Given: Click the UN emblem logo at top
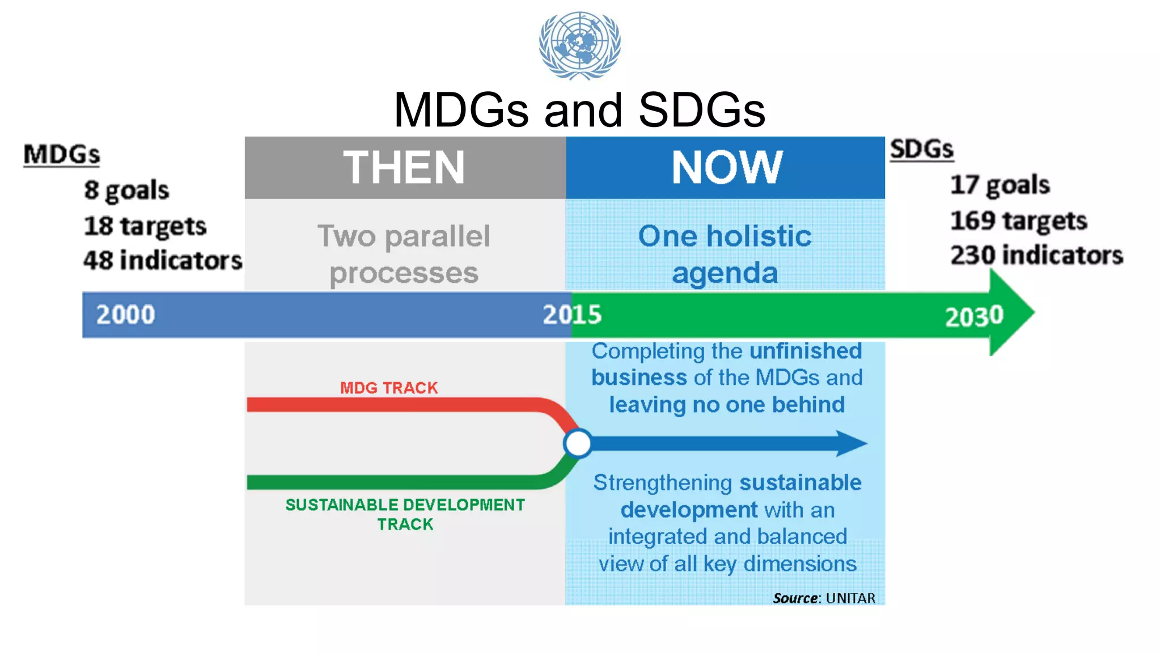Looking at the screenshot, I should [x=579, y=45].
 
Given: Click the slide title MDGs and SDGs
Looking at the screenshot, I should [x=579, y=109].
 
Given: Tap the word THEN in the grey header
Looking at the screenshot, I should [x=404, y=167].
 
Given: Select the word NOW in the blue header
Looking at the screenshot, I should [x=727, y=167].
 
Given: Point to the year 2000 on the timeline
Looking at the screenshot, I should [x=125, y=315].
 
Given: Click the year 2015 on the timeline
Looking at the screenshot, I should [x=571, y=315].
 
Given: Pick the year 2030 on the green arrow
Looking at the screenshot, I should [x=973, y=316].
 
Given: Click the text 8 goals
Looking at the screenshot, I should [x=126, y=190].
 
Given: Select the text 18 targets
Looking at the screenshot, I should [x=145, y=226].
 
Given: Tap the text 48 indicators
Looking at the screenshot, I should [x=163, y=261].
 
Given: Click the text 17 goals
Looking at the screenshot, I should [x=1000, y=185].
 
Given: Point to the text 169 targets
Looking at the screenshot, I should [x=1019, y=221].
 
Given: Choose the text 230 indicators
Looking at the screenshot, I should [x=1036, y=255].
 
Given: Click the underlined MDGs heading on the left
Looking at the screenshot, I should [x=62, y=154].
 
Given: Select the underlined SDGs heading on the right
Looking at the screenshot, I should [x=922, y=149].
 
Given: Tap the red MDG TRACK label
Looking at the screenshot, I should [x=389, y=388].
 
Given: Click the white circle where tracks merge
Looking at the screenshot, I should [x=578, y=443].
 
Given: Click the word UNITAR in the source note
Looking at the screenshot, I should [x=850, y=598].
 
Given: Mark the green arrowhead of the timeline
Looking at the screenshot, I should [x=1012, y=312].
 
